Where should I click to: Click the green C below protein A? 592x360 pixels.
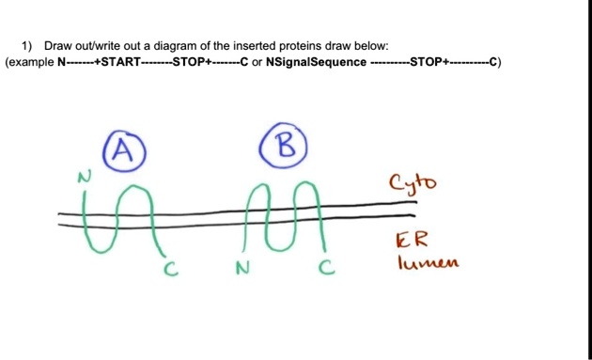pyautogui.click(x=170, y=271)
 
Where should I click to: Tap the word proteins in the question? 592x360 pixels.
pyautogui.click(x=279, y=45)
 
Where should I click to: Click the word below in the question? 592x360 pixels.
pyautogui.click(x=369, y=45)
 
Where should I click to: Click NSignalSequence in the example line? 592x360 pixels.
pyautogui.click(x=316, y=63)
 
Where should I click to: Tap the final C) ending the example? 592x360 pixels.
pyautogui.click(x=495, y=63)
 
